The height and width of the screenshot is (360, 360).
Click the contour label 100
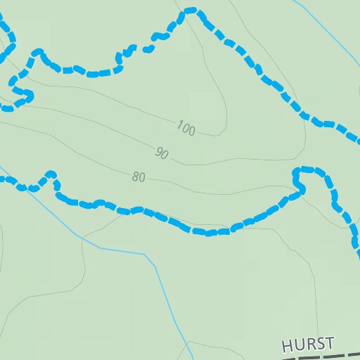(186, 129)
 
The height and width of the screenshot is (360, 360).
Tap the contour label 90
(162, 153)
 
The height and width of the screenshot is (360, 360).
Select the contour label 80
(139, 177)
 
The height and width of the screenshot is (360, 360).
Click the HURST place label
(307, 345)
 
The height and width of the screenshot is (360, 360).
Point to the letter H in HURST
(287, 347)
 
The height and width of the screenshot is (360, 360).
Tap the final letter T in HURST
(328, 342)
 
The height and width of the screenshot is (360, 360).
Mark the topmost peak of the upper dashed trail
(191, 11)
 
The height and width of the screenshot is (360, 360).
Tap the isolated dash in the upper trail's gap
(148, 49)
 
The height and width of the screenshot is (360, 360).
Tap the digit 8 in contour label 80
(135, 177)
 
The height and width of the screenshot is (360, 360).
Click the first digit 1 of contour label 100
(179, 126)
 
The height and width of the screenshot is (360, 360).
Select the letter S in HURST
(319, 343)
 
